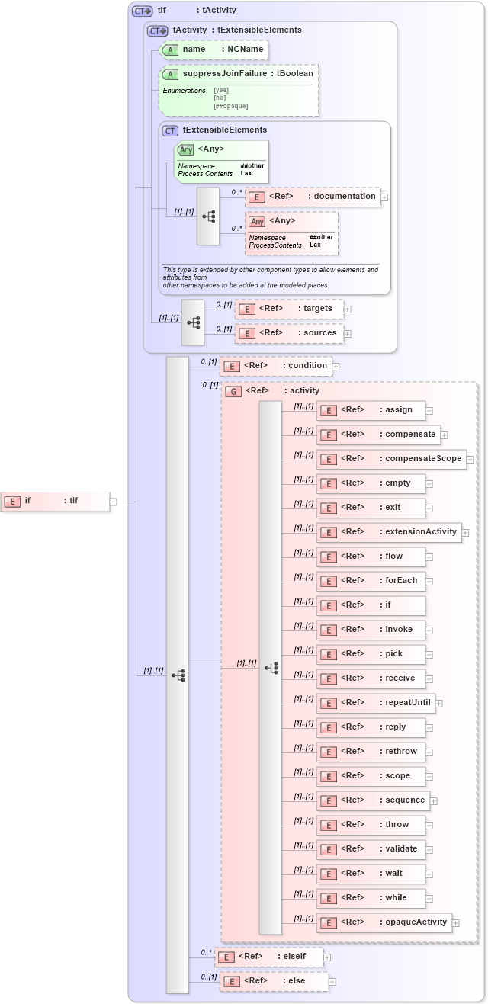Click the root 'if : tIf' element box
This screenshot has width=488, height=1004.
coord(55,501)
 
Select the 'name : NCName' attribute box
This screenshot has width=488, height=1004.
coord(213,50)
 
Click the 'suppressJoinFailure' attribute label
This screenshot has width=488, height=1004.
coord(228,74)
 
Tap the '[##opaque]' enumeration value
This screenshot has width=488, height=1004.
coord(231,106)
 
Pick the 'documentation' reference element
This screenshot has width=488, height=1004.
coord(313,197)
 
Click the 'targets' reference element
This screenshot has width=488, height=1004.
coord(289,309)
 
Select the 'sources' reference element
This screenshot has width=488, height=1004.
coord(289,333)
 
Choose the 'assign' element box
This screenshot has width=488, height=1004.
coord(371,410)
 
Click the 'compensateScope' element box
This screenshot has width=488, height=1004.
coord(391,459)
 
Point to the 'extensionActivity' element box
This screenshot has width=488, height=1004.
coord(389,532)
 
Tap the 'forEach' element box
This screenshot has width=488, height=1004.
coord(371,581)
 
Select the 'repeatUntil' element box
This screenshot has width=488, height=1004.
coord(375,703)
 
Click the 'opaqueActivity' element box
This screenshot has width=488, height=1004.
coord(384,922)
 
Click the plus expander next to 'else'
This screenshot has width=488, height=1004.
coord(332,982)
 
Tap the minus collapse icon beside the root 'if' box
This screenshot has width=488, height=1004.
coord(114,502)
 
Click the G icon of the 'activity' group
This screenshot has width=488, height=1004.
coord(234,391)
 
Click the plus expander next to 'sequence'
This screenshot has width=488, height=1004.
coord(433,800)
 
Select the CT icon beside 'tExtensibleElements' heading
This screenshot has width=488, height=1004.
coord(170,130)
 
